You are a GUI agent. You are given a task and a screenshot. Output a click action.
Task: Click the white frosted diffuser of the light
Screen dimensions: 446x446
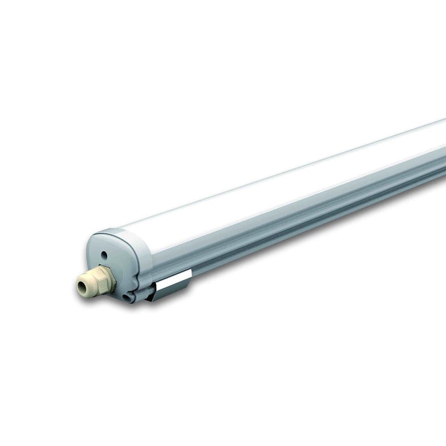tap(287, 185)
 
